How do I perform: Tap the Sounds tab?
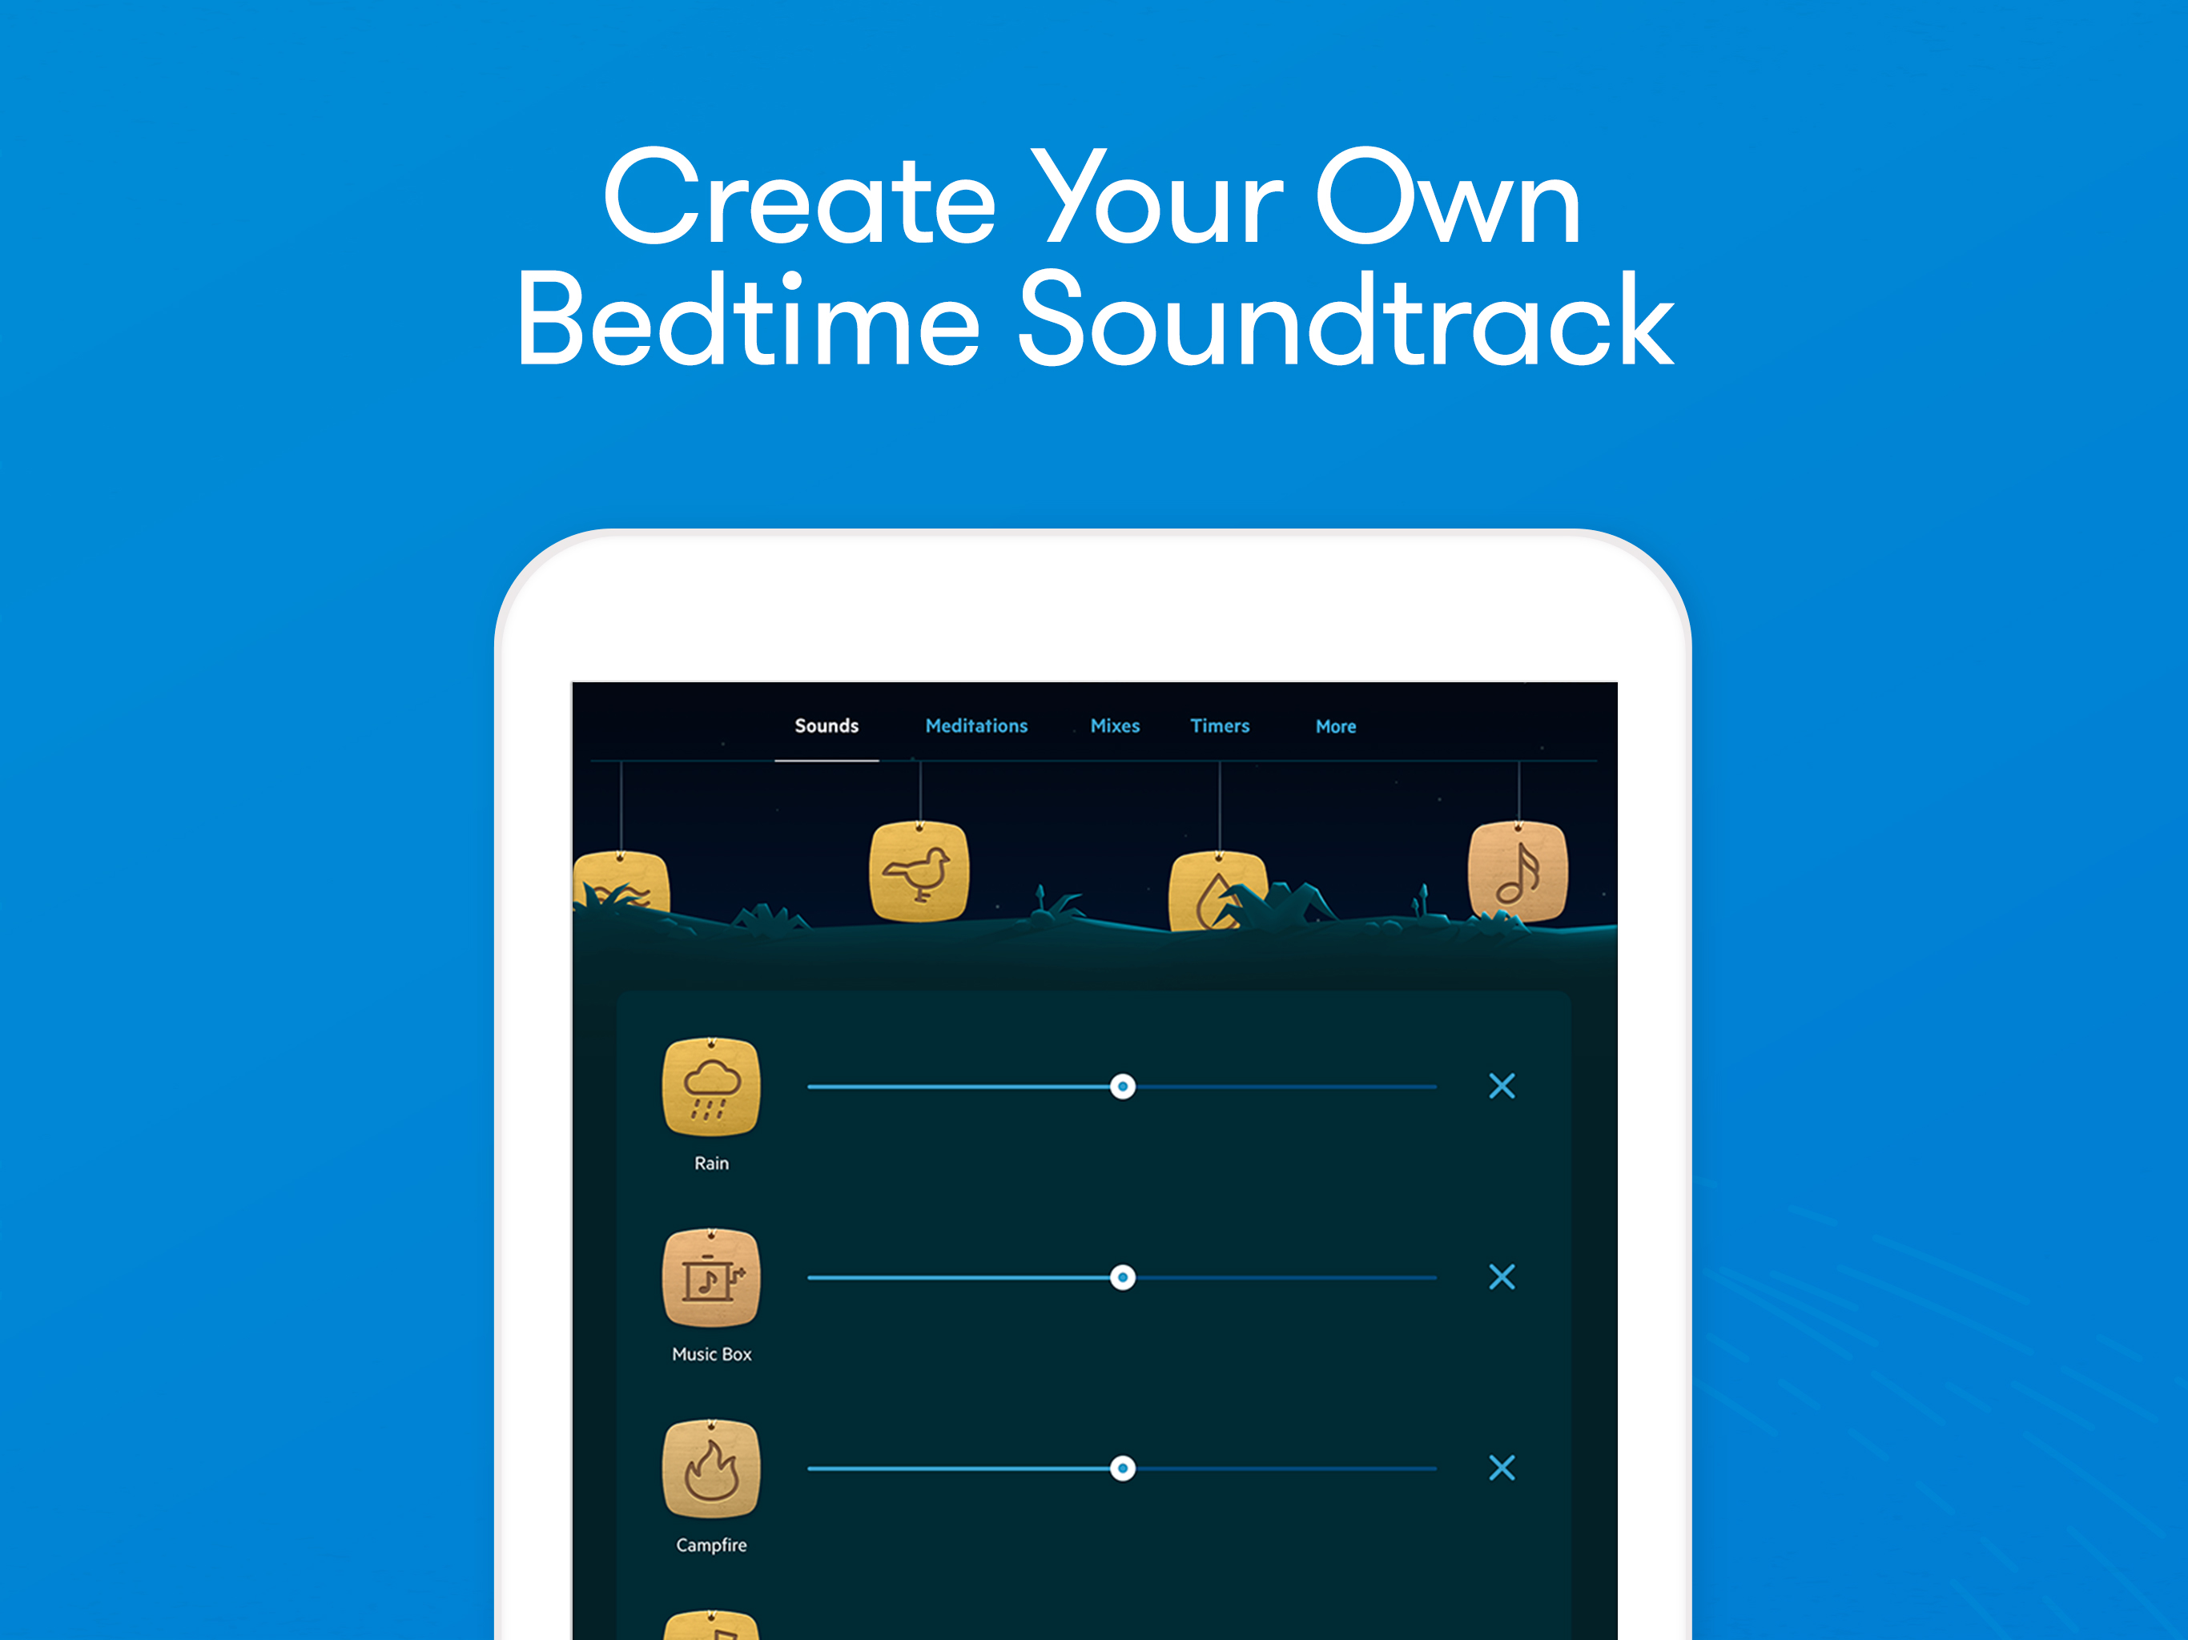point(826,726)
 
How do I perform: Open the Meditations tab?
point(976,726)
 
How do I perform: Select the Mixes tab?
point(1115,726)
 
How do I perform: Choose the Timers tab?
point(1220,726)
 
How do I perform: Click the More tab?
point(1335,726)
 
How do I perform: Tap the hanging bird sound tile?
point(919,871)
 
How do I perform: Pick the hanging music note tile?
point(1518,871)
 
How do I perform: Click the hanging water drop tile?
point(1217,891)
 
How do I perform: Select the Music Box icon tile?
point(711,1278)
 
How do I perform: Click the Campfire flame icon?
point(711,1469)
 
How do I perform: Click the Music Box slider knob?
point(1123,1278)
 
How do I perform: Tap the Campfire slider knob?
point(1123,1469)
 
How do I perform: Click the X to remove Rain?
point(1502,1086)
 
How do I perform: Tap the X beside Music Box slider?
point(1502,1277)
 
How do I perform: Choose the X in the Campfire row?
point(1502,1468)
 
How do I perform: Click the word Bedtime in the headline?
point(748,320)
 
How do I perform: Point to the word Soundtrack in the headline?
point(1346,320)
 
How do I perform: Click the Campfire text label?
point(711,1545)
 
